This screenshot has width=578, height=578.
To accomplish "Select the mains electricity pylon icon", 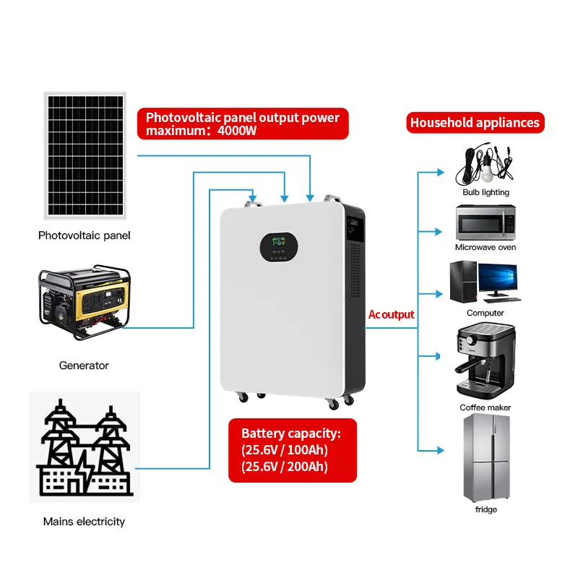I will pyautogui.click(x=85, y=447).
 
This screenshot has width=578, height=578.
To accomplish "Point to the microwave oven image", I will pyautogui.click(x=486, y=223).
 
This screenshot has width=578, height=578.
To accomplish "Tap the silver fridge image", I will pyautogui.click(x=486, y=458).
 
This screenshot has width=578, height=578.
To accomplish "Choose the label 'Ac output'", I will pyautogui.click(x=392, y=314).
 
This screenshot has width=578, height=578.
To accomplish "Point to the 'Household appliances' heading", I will pyautogui.click(x=475, y=123).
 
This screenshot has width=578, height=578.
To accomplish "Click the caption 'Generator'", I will pyautogui.click(x=84, y=366).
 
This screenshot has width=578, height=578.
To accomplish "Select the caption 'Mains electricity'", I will pyautogui.click(x=84, y=521).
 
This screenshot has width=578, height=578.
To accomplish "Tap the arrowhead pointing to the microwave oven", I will pyautogui.click(x=440, y=232).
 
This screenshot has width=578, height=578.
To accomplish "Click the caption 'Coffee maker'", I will pyautogui.click(x=486, y=407).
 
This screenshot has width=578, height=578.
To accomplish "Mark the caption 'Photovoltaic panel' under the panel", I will pyautogui.click(x=84, y=236).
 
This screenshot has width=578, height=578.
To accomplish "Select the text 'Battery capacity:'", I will pyautogui.click(x=290, y=433).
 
